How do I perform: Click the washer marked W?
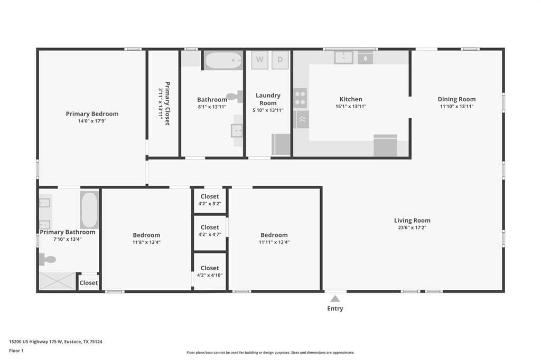[x=260, y=60]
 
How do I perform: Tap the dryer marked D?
[x=280, y=60]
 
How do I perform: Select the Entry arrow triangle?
[x=335, y=299]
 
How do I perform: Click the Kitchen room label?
[x=351, y=99]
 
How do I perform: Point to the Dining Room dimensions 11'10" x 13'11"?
[x=456, y=107]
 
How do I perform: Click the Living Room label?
[x=412, y=220]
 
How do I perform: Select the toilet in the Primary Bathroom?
[x=48, y=259]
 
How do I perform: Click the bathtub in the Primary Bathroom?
[x=89, y=210]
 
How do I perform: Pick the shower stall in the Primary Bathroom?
[x=57, y=281]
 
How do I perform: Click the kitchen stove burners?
[x=300, y=98]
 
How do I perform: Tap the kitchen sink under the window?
[x=343, y=58]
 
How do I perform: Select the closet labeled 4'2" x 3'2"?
[x=210, y=201]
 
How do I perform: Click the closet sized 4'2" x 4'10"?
[x=210, y=272]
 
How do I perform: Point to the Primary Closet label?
[x=167, y=103]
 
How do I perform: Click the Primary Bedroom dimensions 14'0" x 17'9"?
[x=92, y=121]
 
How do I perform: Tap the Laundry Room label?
[x=268, y=99]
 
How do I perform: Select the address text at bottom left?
[x=55, y=342]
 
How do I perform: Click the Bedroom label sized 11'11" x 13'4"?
[x=274, y=235]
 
